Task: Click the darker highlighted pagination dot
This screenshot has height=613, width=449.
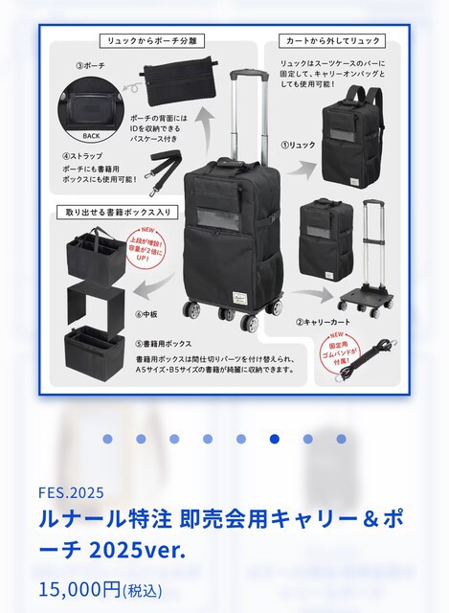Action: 276,439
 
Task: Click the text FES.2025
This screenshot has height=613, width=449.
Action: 72,494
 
